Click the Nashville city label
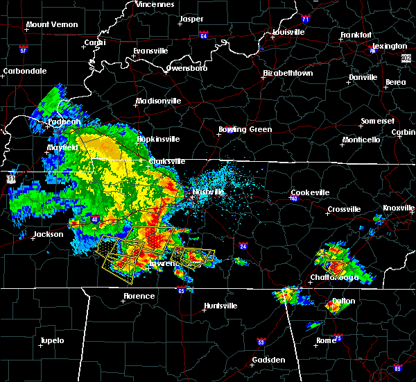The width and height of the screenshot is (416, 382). [209, 192]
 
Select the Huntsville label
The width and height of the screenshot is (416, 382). [221, 306]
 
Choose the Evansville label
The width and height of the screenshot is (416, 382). [152, 51]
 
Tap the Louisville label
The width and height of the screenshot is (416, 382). [288, 32]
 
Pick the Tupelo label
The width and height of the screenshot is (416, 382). [51, 340]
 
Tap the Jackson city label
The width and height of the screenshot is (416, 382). [49, 234]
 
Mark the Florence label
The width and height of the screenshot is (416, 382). [139, 296]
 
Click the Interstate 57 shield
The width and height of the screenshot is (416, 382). [23, 51]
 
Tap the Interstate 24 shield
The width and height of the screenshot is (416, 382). [243, 246]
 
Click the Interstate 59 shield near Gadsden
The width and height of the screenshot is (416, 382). [261, 342]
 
